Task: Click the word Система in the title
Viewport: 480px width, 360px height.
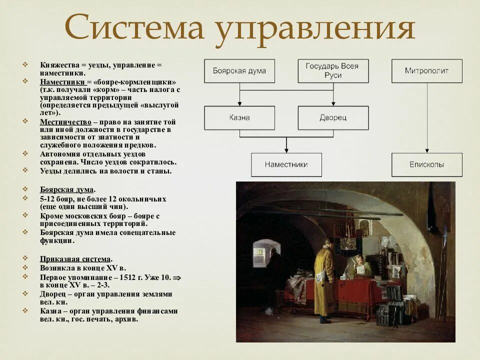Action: tap(134, 28)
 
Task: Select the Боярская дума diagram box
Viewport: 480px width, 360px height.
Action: tap(239, 71)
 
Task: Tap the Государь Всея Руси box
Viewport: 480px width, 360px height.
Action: tap(333, 71)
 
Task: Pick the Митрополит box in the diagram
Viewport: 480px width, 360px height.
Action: tap(426, 71)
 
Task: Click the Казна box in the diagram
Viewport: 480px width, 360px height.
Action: tap(239, 118)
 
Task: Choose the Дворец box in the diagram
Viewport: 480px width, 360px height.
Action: tap(333, 118)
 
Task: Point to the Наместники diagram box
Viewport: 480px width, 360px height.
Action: tap(286, 164)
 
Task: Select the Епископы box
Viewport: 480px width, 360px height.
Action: tap(426, 164)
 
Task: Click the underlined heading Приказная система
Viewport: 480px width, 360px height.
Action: tap(75, 259)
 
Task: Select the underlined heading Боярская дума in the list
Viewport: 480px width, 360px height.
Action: tap(67, 190)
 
